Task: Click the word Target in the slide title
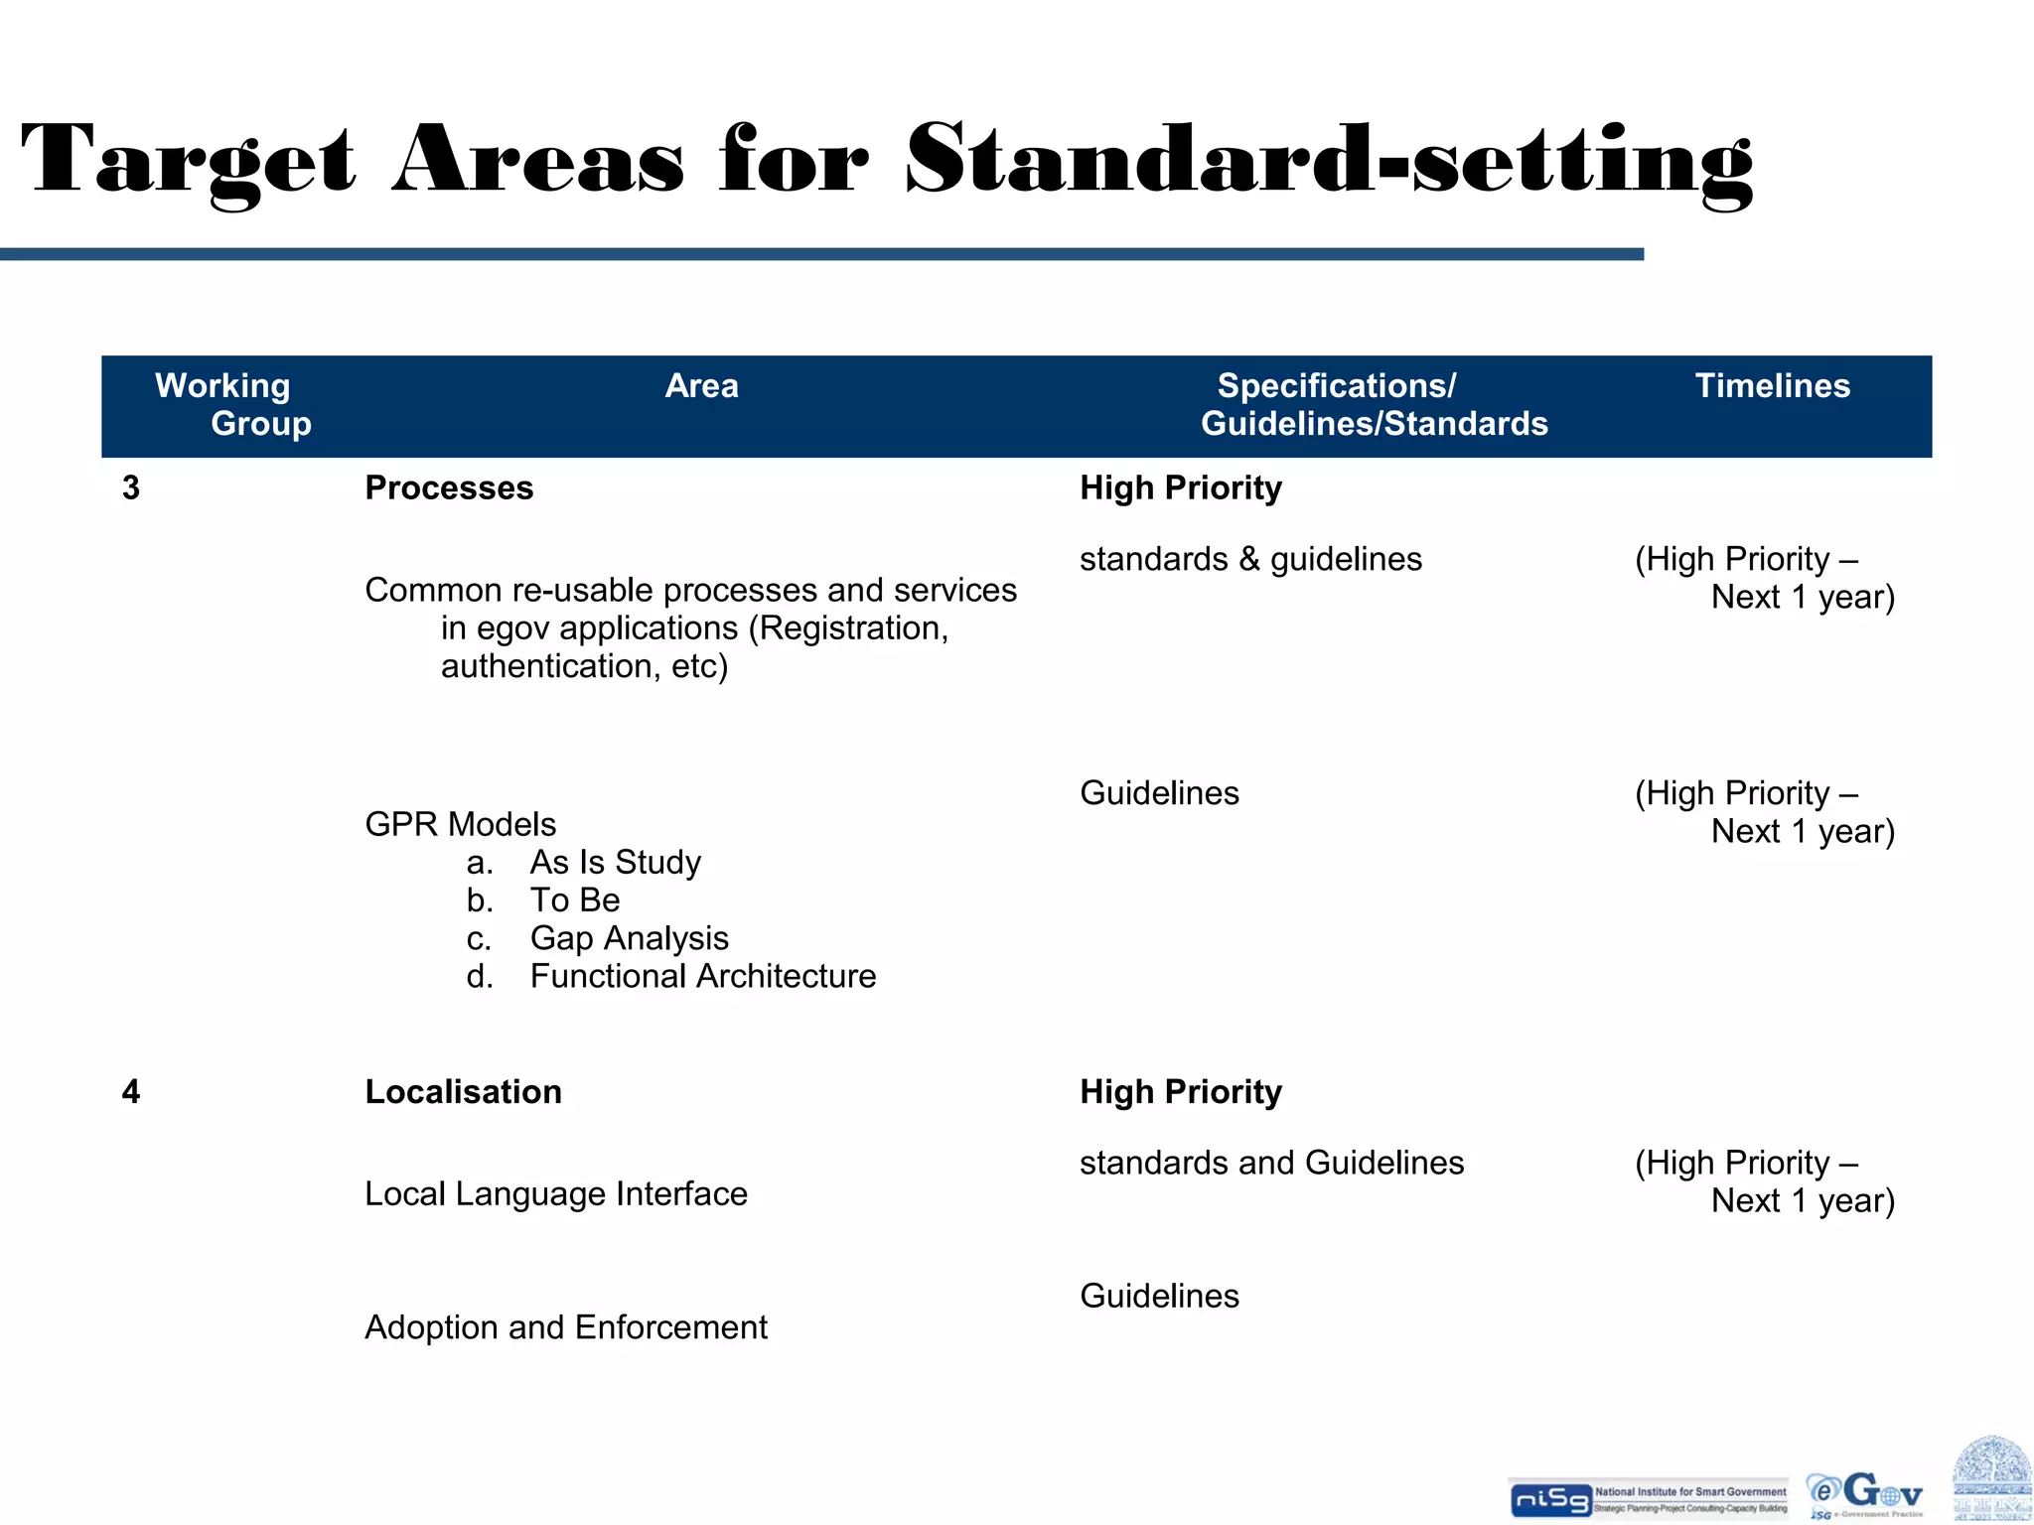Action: tap(189, 161)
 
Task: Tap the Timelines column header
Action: tap(1772, 385)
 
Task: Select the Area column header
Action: tap(701, 385)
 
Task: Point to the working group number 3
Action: tap(131, 487)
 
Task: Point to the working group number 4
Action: tap(131, 1091)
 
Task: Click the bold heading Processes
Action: tap(449, 487)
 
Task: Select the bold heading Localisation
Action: tap(463, 1091)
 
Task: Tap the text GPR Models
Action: tap(460, 824)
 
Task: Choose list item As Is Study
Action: tap(615, 862)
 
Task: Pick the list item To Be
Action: tap(574, 900)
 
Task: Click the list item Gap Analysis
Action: tap(629, 938)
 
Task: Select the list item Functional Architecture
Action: tap(702, 976)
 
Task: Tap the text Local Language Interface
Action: tap(555, 1193)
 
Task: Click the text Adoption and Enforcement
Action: tap(565, 1326)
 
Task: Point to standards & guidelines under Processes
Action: tap(1250, 559)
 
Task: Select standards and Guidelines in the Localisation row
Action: tap(1271, 1163)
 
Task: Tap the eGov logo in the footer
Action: tap(1866, 1495)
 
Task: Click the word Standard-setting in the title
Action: tap(1329, 161)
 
